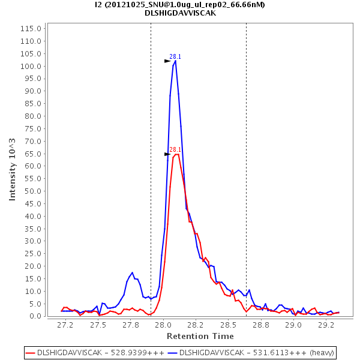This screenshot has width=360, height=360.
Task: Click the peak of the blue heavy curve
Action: coord(175,61)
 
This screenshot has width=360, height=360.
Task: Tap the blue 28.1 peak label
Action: coord(175,56)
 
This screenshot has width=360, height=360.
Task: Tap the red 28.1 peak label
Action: coord(175,150)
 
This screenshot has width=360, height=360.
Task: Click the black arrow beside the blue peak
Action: coord(167,61)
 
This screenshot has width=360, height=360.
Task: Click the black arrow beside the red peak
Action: coord(167,154)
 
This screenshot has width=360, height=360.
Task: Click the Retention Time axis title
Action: coord(197,336)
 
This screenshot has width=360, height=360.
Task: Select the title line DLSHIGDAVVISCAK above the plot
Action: coord(180,13)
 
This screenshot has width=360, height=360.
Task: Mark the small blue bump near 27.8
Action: coord(132,273)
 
